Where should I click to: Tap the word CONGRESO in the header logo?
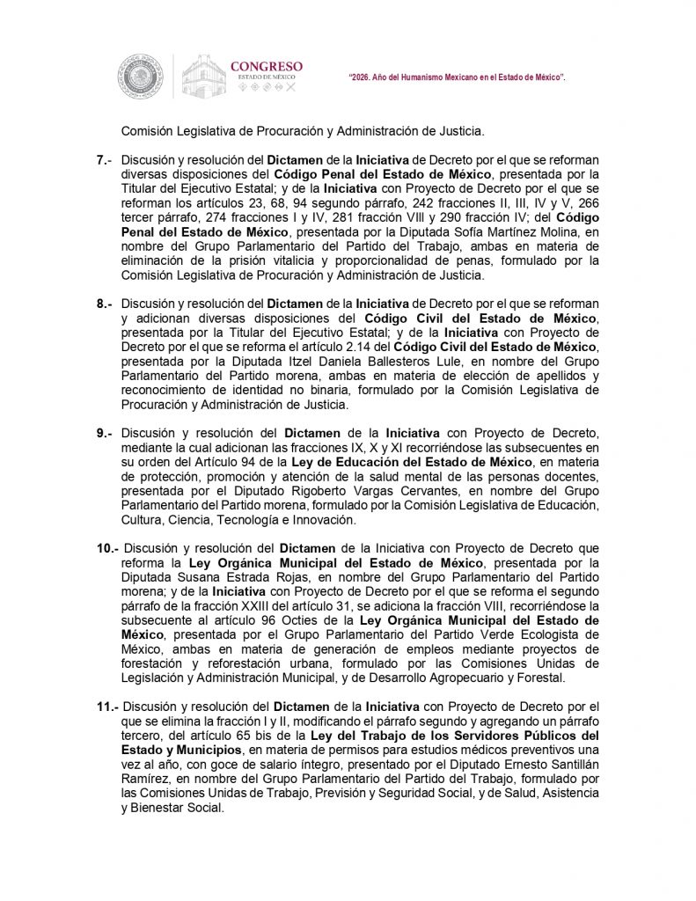pos(266,66)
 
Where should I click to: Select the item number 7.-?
pos(105,160)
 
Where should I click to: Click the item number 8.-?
pos(105,303)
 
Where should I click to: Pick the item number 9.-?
pos(105,433)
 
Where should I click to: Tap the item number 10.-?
pos(108,549)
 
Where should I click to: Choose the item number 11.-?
pos(108,707)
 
